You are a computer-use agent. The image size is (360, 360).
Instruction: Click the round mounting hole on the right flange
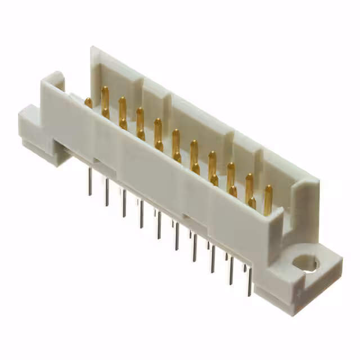coord(307,263)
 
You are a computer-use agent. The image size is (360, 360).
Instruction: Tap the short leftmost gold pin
coord(88,102)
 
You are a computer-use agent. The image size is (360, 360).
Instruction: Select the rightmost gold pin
coord(268,200)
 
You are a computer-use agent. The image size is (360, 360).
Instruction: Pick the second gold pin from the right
coord(250,190)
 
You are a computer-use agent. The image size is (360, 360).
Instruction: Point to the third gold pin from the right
coord(231,180)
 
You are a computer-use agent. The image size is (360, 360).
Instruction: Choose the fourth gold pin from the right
coord(212,168)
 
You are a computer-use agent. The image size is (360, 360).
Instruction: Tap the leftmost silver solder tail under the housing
coord(89,182)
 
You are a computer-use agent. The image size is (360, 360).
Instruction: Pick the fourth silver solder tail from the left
coord(142,214)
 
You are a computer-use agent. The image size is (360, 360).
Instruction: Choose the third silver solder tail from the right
coord(213,259)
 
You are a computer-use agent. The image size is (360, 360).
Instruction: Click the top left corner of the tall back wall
coord(93,49)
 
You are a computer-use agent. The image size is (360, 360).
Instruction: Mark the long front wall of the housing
coord(169,180)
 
